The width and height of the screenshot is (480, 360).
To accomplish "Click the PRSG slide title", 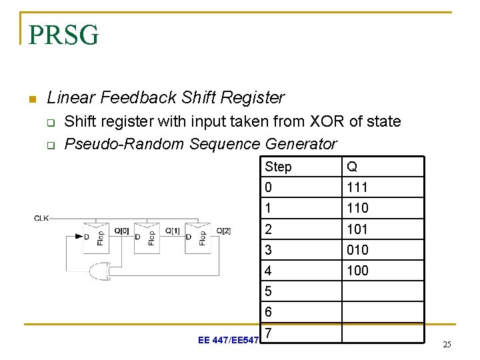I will tap(64, 34).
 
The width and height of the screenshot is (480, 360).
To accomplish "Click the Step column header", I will tap(278, 167).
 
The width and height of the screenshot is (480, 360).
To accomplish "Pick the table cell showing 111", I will tap(357, 187).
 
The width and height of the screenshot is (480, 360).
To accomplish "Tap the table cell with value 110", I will tap(357, 208).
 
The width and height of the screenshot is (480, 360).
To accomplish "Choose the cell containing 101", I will tap(357, 229).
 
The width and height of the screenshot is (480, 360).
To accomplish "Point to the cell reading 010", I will tap(357, 250).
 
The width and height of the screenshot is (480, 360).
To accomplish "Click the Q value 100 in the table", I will tap(357, 271).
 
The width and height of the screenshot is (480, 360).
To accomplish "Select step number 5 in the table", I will tap(269, 291).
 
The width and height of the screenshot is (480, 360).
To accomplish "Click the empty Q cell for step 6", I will tap(383, 312).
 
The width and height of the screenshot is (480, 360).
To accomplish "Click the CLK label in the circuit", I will tap(42, 218).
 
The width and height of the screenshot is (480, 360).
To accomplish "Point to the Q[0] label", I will tap(121, 231).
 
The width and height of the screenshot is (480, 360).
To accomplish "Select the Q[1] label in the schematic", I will tap(172, 231).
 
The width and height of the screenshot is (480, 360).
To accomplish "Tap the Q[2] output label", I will tap(223, 231).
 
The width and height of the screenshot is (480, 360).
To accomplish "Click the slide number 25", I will tap(447, 344).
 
